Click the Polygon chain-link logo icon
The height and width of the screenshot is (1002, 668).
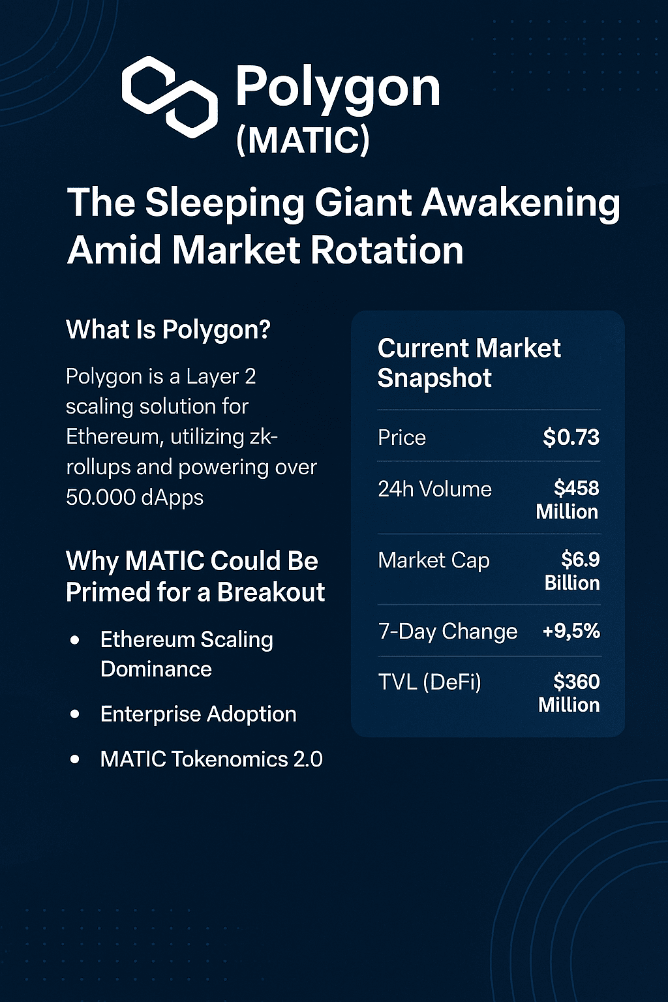tap(170, 97)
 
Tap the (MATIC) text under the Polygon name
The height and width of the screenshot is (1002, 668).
tap(303, 140)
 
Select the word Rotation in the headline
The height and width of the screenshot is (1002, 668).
tap(387, 250)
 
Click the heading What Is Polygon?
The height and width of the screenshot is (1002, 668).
tap(168, 330)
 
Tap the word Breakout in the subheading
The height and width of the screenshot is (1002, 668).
tap(271, 592)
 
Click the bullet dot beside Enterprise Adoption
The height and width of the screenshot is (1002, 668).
tap(75, 714)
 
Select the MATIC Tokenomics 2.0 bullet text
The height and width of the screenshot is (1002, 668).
tap(211, 759)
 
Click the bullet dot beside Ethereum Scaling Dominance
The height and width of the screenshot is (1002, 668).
tap(75, 640)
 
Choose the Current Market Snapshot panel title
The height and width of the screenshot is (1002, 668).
tap(469, 363)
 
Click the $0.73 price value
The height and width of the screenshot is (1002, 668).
tap(571, 437)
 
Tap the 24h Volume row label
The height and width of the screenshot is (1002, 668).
tap(435, 489)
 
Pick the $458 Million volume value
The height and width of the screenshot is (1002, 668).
tap(568, 500)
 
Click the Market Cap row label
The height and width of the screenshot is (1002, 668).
tap(434, 560)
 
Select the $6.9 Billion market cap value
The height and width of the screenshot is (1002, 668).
tap(572, 571)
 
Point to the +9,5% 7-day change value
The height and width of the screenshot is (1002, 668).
tap(571, 631)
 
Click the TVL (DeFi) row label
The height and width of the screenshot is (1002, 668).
tap(429, 682)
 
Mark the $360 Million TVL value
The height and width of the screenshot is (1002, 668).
tap(569, 693)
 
